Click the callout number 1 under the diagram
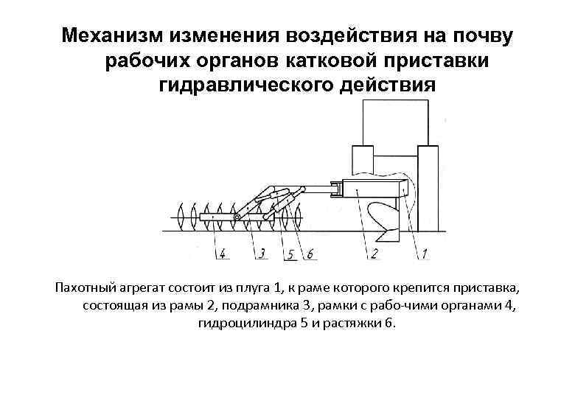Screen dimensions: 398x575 [x=425, y=254]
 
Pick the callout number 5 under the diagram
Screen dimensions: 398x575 [x=292, y=254]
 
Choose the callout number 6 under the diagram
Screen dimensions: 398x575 [x=309, y=254]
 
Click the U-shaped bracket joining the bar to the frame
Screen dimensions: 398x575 [x=337, y=189]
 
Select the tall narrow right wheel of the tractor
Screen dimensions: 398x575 [x=428, y=188]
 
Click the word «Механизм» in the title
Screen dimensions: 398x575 [x=111, y=35]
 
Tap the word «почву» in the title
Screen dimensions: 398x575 [x=482, y=35]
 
